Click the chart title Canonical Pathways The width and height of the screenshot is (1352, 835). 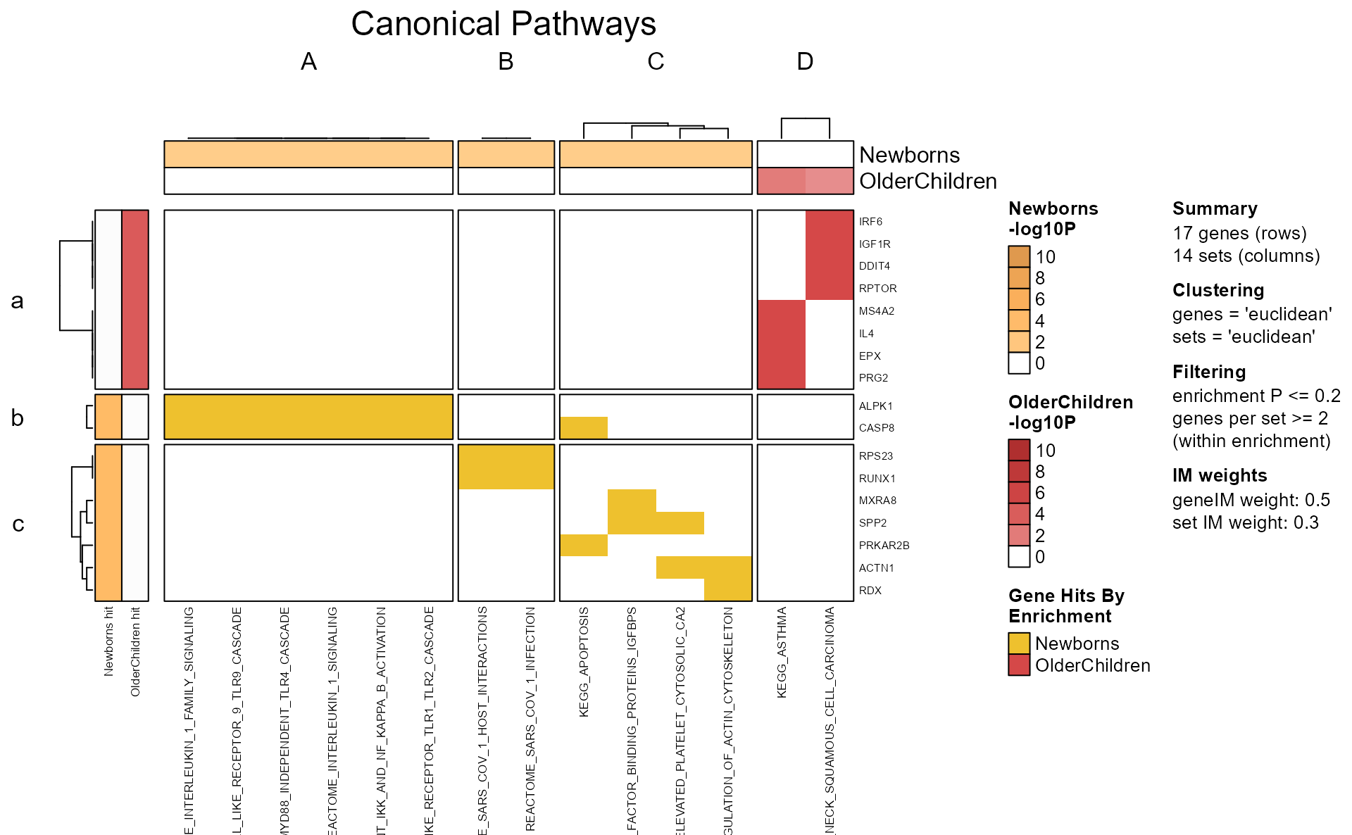503,24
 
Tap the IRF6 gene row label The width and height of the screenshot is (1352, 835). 870,222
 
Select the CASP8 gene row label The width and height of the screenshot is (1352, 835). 876,428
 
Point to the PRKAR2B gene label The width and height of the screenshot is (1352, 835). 884,546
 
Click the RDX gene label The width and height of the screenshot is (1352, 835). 870,591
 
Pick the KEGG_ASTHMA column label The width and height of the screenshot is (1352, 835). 782,652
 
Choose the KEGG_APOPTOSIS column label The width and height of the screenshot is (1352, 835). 584,662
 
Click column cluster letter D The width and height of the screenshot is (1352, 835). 805,62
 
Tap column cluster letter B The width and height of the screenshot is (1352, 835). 506,62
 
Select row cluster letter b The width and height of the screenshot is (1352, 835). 18,418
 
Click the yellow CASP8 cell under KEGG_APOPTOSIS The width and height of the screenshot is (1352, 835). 584,428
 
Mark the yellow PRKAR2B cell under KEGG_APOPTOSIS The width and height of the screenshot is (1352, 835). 584,546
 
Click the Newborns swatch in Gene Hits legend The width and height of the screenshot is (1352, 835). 1019,643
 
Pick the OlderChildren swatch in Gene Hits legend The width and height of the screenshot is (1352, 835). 1019,665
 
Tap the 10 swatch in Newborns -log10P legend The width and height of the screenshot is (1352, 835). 1019,257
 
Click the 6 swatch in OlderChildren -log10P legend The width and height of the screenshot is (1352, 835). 1019,493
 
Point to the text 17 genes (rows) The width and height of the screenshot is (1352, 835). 1239,234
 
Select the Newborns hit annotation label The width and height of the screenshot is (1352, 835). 108,641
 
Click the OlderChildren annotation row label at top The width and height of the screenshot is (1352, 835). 927,182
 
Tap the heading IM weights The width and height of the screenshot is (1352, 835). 1219,476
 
